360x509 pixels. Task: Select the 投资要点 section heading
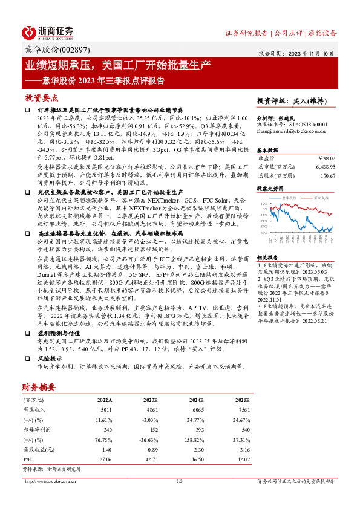click(x=42, y=97)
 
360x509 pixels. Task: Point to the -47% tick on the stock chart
click(x=264, y=232)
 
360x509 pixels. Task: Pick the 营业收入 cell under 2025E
click(x=241, y=409)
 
